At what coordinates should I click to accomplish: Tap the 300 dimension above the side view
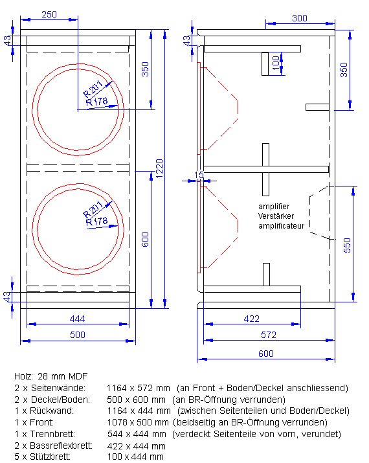point(299,18)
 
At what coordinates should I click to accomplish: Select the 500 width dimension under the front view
point(77,335)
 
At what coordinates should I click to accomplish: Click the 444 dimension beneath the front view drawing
point(77,319)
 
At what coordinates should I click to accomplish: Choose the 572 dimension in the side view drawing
point(269,335)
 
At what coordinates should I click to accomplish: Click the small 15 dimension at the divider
point(199,175)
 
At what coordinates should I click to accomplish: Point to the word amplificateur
point(284,226)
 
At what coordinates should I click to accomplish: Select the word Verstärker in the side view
point(276,216)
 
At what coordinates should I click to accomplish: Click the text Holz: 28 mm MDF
point(50,376)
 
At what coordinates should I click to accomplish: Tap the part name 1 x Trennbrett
point(45,434)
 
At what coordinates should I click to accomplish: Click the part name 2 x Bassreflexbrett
point(53,446)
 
